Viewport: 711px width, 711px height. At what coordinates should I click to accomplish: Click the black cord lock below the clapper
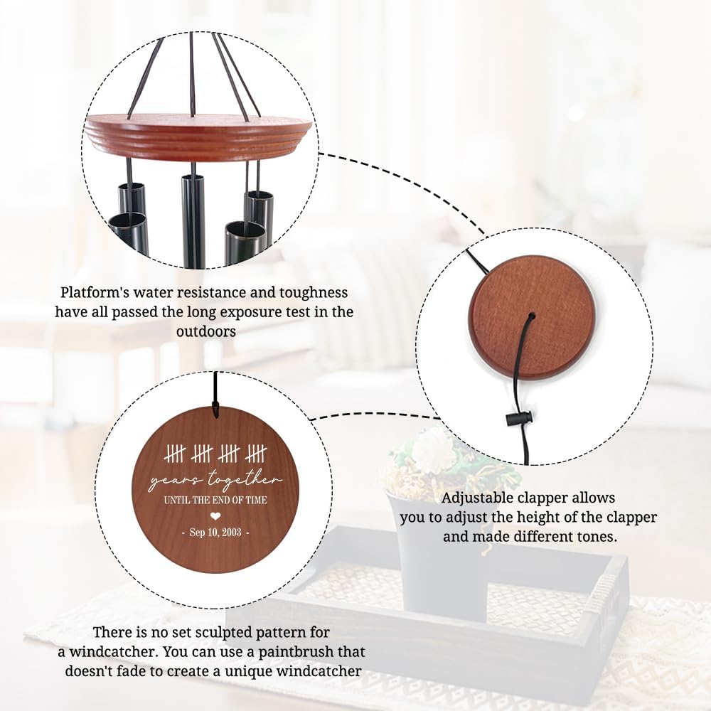tap(519, 418)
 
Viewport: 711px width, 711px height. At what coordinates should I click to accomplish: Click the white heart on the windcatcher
tap(216, 515)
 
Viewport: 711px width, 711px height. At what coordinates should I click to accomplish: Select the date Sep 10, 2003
tap(215, 533)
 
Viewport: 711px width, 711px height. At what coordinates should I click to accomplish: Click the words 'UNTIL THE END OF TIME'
tap(215, 500)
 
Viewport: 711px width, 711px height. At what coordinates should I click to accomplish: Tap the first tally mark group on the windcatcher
tap(176, 454)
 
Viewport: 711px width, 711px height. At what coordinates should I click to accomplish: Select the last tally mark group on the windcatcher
tap(257, 454)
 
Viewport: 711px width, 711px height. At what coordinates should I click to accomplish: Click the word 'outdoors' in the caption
tap(206, 331)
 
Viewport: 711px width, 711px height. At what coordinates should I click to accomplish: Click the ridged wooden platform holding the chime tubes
tap(198, 134)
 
